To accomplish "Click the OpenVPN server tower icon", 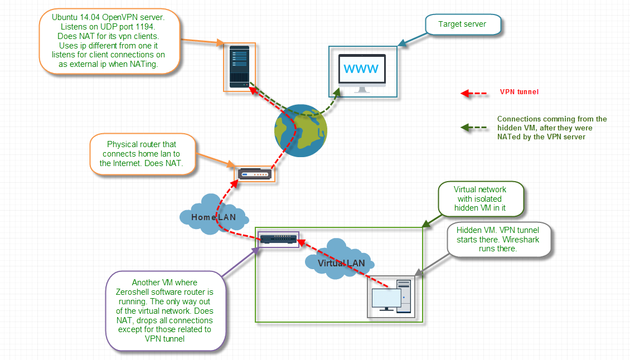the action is click(x=240, y=67).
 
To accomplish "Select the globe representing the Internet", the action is click(x=301, y=130).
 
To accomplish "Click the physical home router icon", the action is click(x=255, y=174).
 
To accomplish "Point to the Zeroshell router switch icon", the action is click(x=278, y=239).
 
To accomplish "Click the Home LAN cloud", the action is click(x=214, y=215).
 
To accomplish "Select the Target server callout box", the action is click(x=463, y=25).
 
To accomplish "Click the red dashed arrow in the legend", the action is click(x=474, y=94).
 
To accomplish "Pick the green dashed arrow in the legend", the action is click(x=474, y=128).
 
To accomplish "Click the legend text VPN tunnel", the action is click(x=519, y=92).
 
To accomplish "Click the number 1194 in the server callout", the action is click(x=144, y=27).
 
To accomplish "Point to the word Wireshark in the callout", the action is click(x=521, y=240).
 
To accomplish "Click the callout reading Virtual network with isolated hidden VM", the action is click(x=481, y=199).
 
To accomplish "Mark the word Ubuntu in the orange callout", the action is click(x=65, y=17).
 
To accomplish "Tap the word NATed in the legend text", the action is click(x=508, y=137).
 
